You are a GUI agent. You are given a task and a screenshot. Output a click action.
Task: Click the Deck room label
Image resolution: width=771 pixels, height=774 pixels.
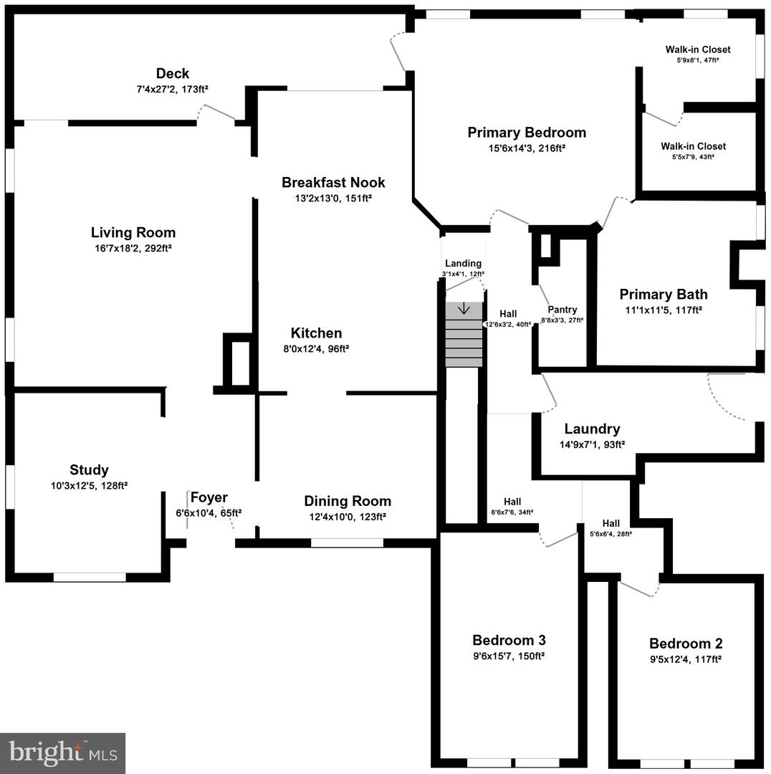173,73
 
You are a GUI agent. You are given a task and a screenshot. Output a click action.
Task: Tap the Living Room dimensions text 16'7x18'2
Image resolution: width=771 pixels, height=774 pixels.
133,248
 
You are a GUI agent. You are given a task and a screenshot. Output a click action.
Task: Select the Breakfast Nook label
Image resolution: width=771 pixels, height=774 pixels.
333,182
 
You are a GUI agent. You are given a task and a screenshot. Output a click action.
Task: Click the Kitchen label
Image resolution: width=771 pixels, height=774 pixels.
316,333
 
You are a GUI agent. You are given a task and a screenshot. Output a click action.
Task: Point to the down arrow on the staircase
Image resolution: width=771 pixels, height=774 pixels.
464,309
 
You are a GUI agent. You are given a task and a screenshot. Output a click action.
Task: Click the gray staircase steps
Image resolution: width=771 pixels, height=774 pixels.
464,340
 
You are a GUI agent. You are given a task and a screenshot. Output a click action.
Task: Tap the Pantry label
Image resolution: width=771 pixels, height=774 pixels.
562,310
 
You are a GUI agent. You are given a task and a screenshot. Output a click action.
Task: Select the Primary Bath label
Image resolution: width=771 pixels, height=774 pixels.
663,294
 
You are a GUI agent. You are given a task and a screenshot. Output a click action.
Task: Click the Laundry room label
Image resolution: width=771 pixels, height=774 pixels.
592,429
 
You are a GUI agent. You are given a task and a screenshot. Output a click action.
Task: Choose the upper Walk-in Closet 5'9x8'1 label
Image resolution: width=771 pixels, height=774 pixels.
697,49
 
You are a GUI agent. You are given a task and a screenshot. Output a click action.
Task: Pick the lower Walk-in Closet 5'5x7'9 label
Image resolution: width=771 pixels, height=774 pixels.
693,146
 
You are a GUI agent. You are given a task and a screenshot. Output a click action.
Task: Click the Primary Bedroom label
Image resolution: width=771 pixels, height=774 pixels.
527,132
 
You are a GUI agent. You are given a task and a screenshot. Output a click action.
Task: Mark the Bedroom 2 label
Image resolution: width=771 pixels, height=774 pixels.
686,643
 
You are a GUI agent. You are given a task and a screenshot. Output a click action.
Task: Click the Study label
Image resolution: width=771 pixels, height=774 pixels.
89,470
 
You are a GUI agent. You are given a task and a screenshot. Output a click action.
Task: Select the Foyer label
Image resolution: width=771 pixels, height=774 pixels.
209,497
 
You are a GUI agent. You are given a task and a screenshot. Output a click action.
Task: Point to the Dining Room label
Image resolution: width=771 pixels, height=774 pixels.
348,501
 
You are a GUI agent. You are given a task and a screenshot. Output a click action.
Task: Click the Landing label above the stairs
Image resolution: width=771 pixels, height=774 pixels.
463,263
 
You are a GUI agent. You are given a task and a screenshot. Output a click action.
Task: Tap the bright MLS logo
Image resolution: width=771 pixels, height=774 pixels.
62,752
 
